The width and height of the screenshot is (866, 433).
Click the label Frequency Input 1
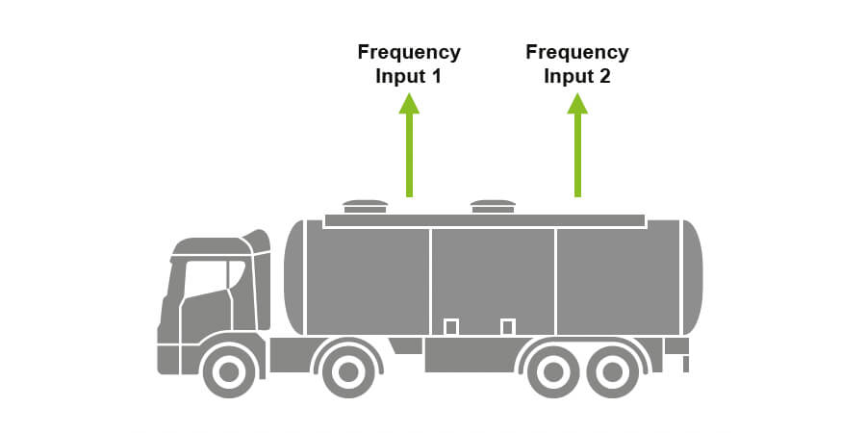click(x=409, y=64)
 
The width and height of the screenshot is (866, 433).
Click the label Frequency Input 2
click(x=577, y=64)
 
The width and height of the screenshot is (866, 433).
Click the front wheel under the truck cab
click(x=227, y=370)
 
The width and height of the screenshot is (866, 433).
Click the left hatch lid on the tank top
click(x=366, y=205)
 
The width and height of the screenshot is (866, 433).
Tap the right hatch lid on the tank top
click(x=493, y=205)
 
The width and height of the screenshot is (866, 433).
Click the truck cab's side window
click(x=207, y=279)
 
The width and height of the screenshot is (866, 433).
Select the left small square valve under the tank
click(x=450, y=327)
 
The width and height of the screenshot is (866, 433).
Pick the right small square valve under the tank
click(x=508, y=327)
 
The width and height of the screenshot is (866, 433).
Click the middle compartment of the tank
click(x=493, y=279)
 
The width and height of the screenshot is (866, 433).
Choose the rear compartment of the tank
click(x=616, y=279)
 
